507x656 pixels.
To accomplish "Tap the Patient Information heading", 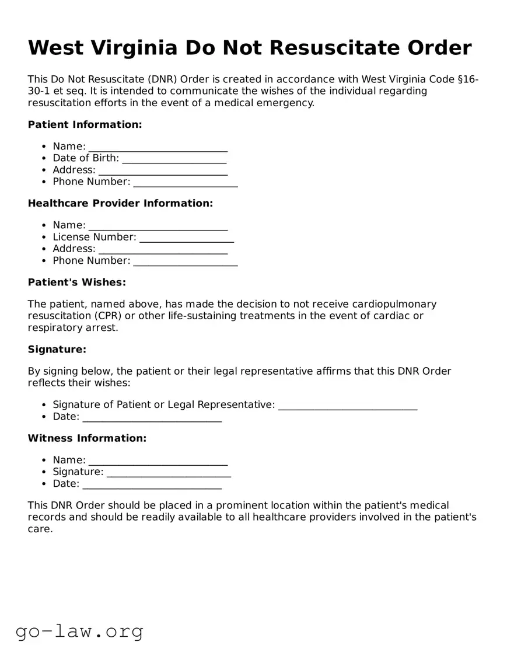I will [x=85, y=124].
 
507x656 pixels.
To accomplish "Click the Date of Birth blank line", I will [x=174, y=158].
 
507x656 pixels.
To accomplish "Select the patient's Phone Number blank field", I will [x=185, y=182].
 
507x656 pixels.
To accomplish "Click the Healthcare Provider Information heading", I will [x=120, y=203].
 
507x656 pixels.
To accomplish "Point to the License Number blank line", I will [x=187, y=237].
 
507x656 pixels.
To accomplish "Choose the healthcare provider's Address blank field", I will [x=163, y=249].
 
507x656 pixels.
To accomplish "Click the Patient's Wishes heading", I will [x=76, y=282].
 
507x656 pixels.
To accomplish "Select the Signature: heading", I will [x=57, y=350].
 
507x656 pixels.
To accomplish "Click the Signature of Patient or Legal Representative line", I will [x=347, y=405].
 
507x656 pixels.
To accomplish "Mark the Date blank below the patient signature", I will [x=152, y=417].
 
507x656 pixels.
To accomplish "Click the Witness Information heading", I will [x=87, y=438].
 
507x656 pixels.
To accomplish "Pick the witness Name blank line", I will [x=158, y=460].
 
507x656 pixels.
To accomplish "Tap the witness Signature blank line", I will [x=169, y=472].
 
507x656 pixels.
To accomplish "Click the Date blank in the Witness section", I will [x=152, y=484].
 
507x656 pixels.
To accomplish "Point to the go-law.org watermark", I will [x=79, y=631].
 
